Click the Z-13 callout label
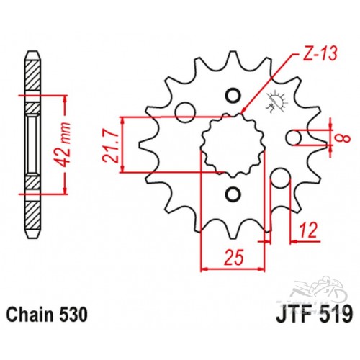pos(318,54)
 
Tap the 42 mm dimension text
pos(64,145)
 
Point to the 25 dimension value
pos(233,256)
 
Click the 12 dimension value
pos(308,230)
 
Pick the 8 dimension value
pos(345,138)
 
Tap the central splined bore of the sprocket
pos(233,145)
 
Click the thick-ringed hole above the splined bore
pos(233,96)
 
